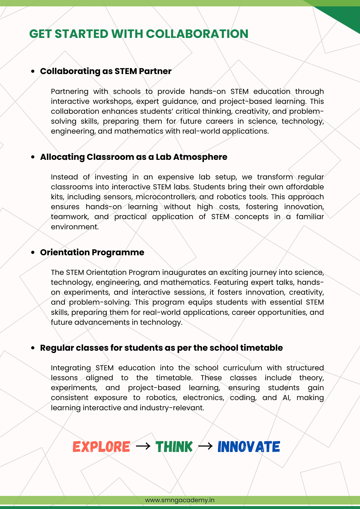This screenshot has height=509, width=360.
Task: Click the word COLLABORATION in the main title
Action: tap(197, 34)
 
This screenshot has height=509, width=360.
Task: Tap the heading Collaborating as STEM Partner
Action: tap(106, 71)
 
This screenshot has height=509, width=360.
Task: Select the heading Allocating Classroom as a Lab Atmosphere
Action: tap(133, 157)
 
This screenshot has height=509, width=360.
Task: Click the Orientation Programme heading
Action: tap(92, 252)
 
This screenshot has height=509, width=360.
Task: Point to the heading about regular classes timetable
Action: tap(161, 348)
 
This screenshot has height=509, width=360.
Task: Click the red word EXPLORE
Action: tap(101, 447)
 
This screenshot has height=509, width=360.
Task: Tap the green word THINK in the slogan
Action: tap(174, 447)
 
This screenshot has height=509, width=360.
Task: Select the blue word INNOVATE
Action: tap(249, 447)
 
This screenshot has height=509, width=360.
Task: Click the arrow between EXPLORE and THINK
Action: tap(143, 446)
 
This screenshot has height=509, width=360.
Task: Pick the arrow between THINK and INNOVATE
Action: tap(205, 446)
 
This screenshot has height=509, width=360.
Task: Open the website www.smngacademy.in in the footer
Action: tap(180, 500)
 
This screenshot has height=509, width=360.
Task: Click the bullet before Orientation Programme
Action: tap(33, 253)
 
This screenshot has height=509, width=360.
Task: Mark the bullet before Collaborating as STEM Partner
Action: tap(33, 72)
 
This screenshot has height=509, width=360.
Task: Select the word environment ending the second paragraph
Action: tap(75, 227)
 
